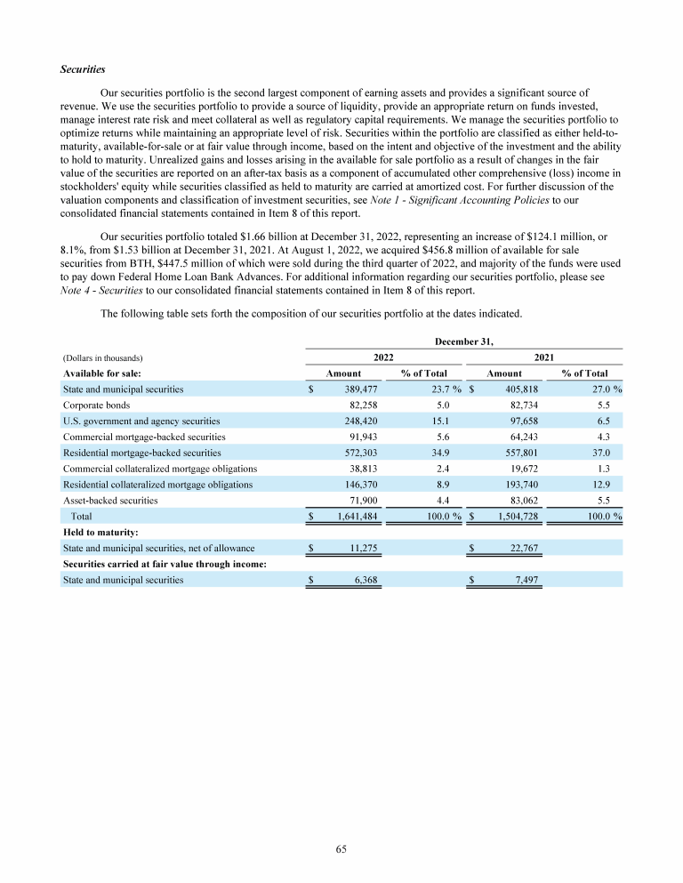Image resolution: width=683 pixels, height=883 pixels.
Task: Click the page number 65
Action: pos(341,849)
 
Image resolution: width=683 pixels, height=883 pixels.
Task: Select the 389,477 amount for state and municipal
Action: pos(362,389)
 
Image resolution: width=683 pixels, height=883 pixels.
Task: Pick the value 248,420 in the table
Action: pos(362,421)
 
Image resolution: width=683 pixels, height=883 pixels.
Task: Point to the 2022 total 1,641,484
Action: pos(356,517)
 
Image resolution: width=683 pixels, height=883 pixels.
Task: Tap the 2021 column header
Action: pos(542,357)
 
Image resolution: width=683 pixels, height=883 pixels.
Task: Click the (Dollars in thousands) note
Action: pos(103,357)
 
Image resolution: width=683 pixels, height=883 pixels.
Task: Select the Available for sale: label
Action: pos(103,373)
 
